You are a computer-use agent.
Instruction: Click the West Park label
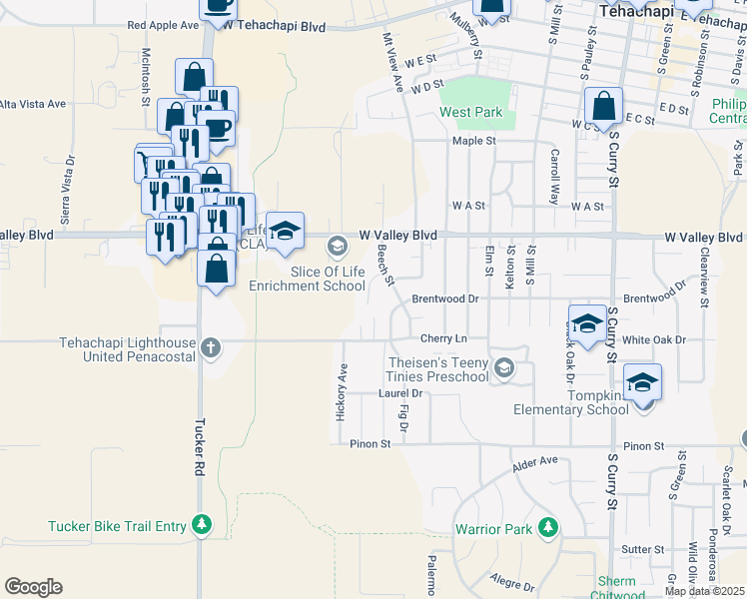coord(471,113)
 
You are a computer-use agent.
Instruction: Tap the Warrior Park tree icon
coord(547,527)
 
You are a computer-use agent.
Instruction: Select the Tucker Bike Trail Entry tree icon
coord(202,524)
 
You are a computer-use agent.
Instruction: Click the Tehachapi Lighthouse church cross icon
coord(210,348)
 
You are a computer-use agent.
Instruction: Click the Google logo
coord(33,587)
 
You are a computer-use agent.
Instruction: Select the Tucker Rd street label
coord(199,445)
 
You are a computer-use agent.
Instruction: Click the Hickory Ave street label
coord(342,391)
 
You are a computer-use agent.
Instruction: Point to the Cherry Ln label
coord(443,339)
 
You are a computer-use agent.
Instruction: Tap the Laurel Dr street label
coord(401,393)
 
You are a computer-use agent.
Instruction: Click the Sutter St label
coord(643,549)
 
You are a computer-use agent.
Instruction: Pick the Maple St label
coord(474,141)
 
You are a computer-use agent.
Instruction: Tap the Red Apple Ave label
coord(163,25)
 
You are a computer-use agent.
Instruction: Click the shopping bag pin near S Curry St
coord(604,106)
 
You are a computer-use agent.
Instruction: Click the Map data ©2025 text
coord(704,591)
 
